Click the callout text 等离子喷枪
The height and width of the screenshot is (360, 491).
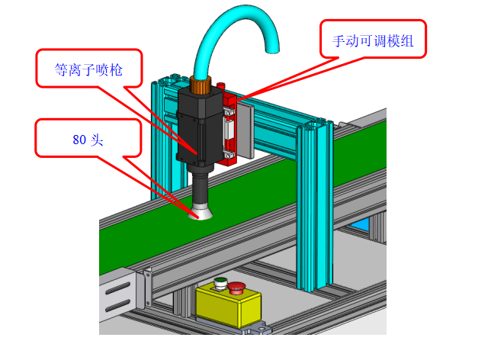88,69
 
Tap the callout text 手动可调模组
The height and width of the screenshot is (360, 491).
373,41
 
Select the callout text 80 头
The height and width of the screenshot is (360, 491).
88,140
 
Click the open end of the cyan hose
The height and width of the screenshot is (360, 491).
272,50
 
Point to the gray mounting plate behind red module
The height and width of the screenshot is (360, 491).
245,130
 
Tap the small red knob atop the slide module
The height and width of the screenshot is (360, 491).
221,85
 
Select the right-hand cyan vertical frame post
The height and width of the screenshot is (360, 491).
315,205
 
